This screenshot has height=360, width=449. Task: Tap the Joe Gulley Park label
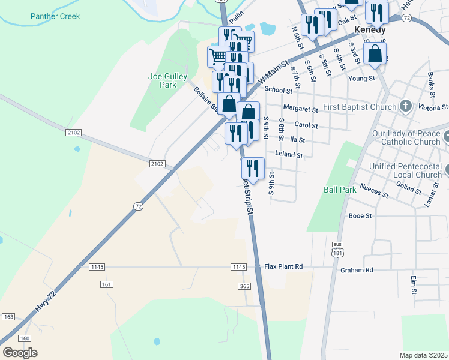pyautogui.click(x=167, y=80)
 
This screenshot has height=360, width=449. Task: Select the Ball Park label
pyautogui.click(x=340, y=190)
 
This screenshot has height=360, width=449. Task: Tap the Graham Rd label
pyautogui.click(x=357, y=270)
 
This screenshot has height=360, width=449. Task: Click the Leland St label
pyautogui.click(x=289, y=154)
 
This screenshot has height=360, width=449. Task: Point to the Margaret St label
pyautogui.click(x=300, y=110)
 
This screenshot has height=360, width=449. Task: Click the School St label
pyautogui.click(x=278, y=90)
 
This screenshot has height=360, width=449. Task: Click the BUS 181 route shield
pyautogui.click(x=338, y=249)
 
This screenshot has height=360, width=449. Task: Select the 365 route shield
pyautogui.click(x=244, y=287)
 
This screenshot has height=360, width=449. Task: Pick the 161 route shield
pyautogui.click(x=107, y=284)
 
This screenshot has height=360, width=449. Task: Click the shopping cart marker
pyautogui.click(x=218, y=56)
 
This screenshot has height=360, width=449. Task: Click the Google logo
pyautogui.click(x=20, y=352)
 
